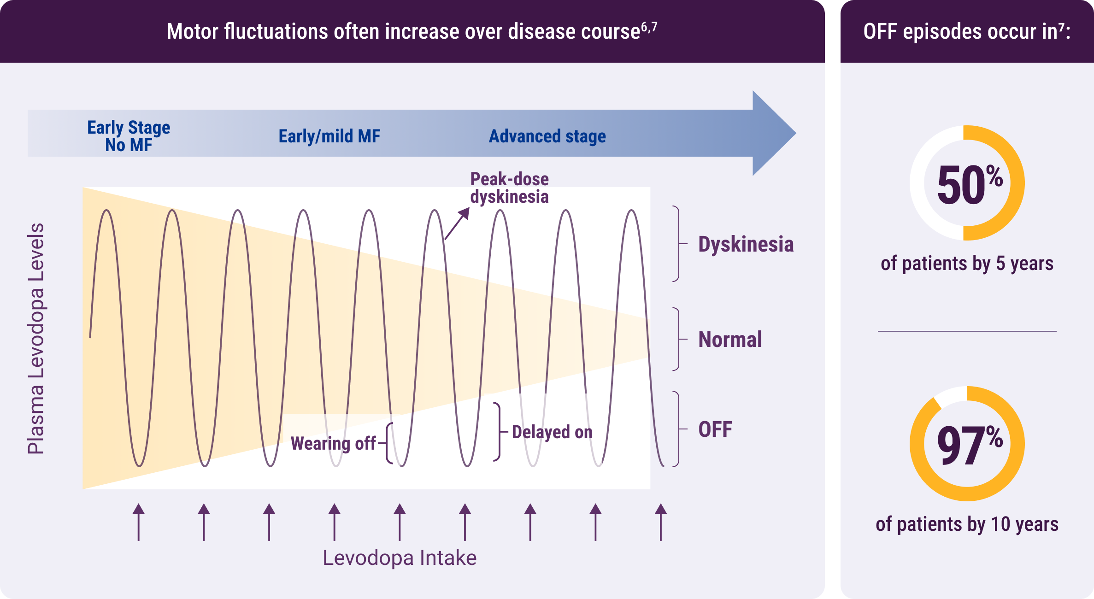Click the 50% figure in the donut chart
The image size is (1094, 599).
point(970,184)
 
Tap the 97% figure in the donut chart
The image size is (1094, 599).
point(970,444)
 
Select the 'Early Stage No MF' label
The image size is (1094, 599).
point(129,136)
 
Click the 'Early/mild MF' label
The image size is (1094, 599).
point(329,136)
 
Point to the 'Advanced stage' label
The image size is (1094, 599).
point(547,136)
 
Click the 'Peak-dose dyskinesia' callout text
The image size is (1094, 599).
point(509,188)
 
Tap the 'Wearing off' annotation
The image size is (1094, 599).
point(333,443)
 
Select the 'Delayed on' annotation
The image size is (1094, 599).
point(552,432)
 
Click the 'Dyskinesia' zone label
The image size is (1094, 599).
point(746,244)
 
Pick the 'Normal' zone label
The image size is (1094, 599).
point(730,340)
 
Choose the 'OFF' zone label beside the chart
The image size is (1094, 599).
point(715,429)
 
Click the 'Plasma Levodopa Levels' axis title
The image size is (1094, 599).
point(36,339)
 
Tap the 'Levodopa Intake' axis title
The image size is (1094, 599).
point(400,558)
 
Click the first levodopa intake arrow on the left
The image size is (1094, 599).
point(139,522)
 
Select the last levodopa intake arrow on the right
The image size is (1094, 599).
point(661,522)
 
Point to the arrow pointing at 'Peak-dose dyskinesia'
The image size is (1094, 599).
point(457,223)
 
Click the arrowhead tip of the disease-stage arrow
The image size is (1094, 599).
point(796,133)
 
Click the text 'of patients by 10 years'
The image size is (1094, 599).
point(967,524)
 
